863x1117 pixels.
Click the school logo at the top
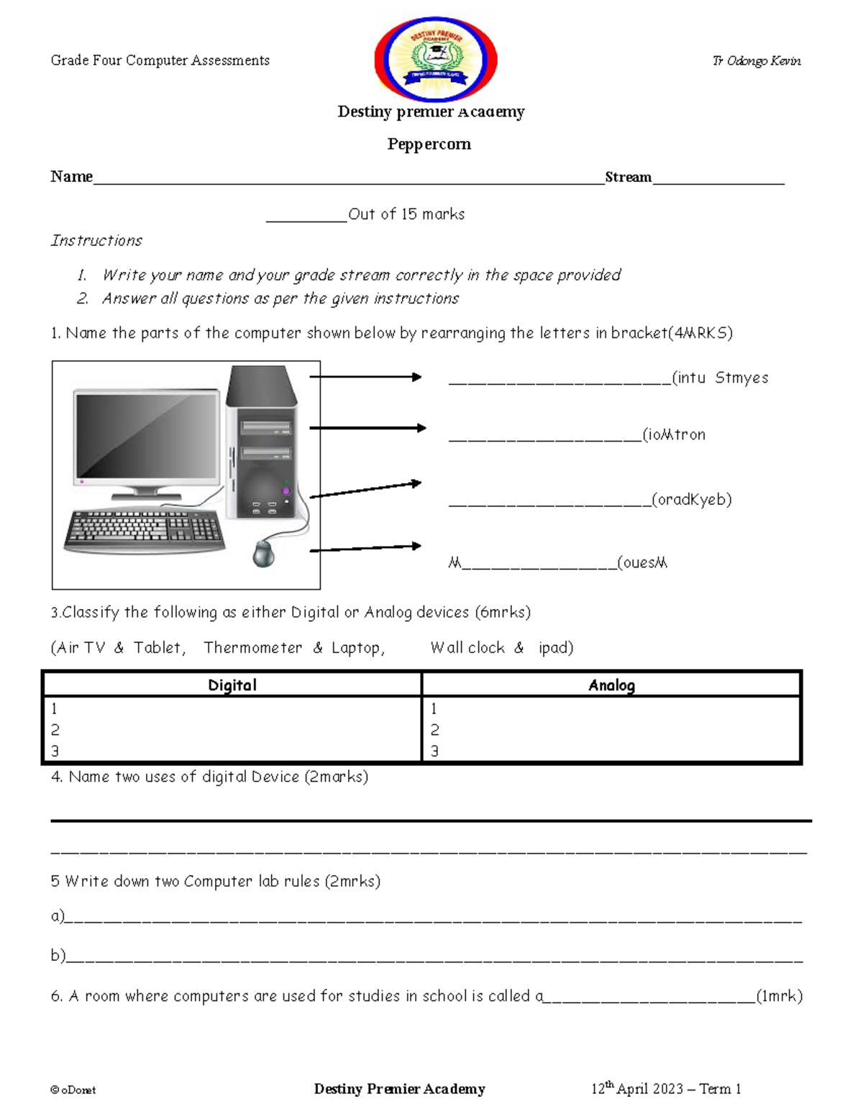coord(436,58)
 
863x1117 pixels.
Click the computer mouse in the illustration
coord(264,553)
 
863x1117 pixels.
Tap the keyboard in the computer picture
coord(144,530)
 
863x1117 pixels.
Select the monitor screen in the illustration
coord(147,436)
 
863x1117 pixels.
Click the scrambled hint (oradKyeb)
coord(692,499)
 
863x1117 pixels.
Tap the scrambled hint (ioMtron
coord(674,434)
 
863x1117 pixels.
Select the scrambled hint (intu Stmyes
coord(720,378)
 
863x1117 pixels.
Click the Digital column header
coord(232,685)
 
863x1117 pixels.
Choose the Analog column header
coord(611,685)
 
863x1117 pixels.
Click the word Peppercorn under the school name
coord(429,144)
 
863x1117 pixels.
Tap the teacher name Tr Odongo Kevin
coord(757,61)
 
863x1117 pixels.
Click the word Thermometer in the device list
coord(253,647)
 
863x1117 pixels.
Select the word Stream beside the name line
coord(628,177)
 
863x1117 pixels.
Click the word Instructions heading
coord(96,240)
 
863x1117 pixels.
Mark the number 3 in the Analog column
coord(434,751)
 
